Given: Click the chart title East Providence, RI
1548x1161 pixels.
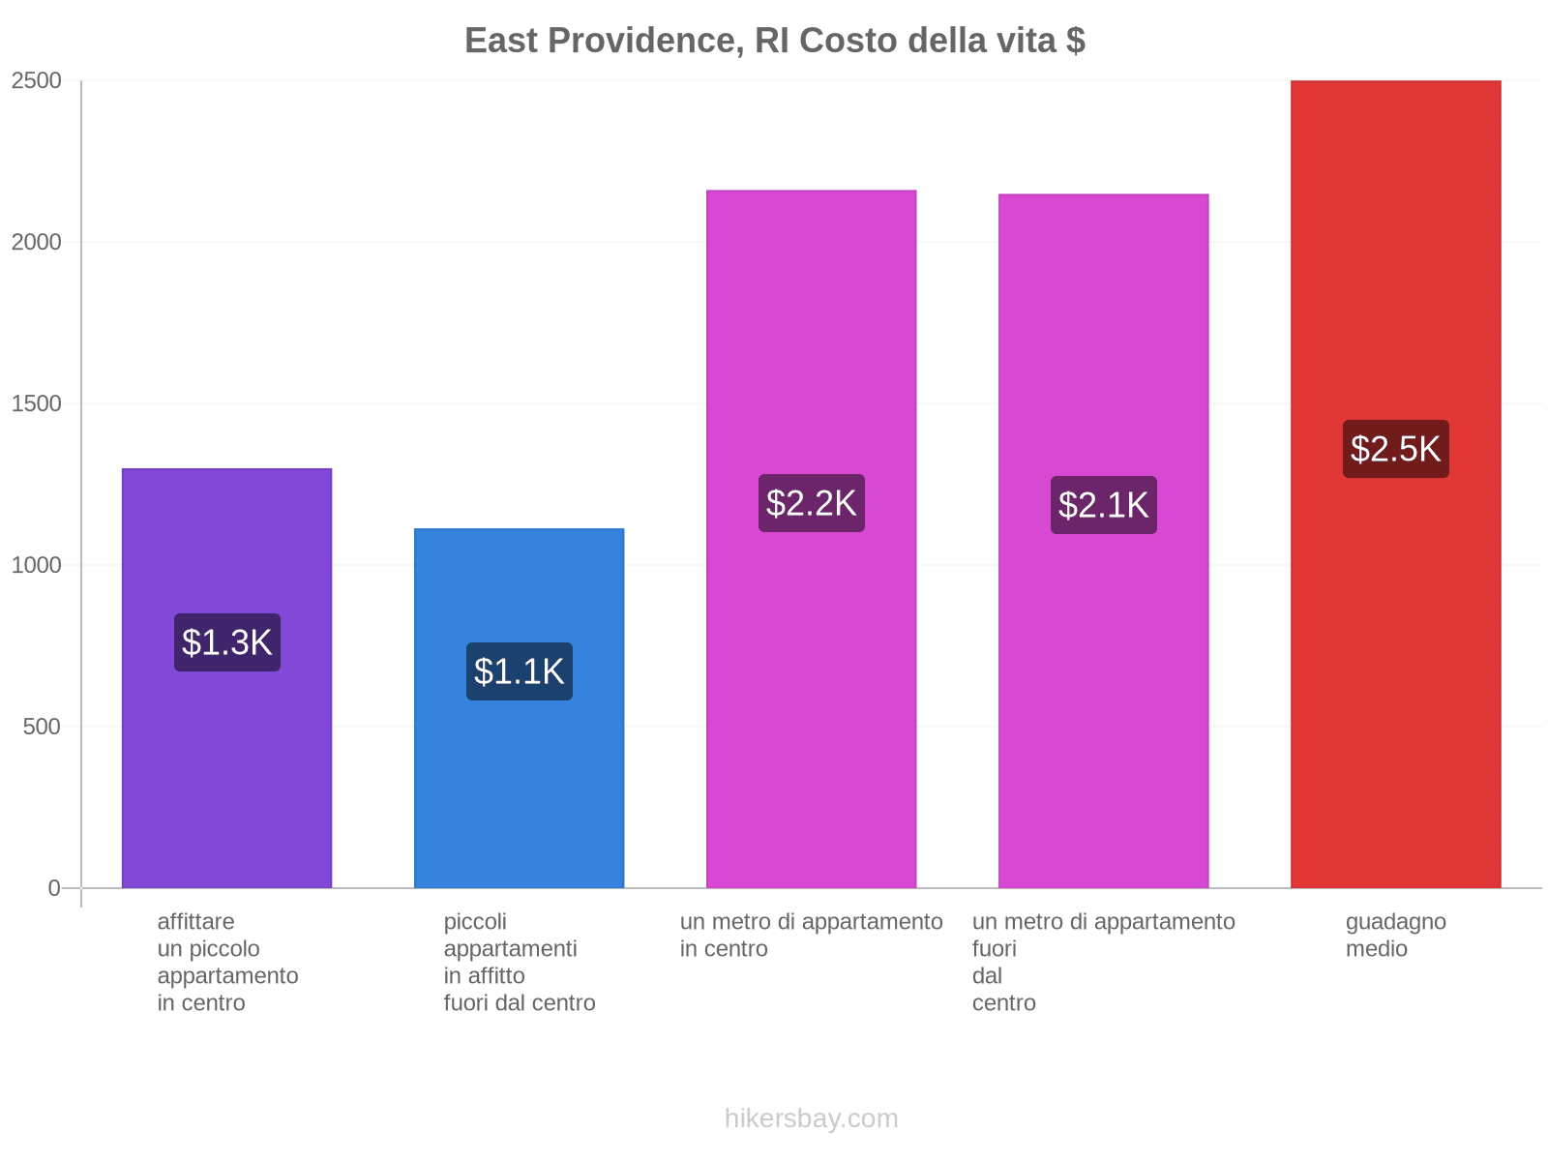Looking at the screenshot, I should pos(774,41).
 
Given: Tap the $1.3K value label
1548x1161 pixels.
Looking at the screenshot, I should pos(227,642).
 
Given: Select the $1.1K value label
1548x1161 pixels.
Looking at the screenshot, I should pos(520,671).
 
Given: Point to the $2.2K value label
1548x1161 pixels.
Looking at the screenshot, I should pos(811,503).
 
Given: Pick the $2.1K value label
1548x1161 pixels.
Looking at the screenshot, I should pos(1103,505).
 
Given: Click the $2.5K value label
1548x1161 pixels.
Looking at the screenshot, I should pos(1395,449).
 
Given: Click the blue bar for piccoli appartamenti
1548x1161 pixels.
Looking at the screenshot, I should pos(520,793).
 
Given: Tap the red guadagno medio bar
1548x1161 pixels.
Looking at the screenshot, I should pos(1395,677).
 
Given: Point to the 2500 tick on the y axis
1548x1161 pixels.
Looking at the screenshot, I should pos(37,80).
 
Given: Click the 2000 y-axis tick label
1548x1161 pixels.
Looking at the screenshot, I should pos(37,242).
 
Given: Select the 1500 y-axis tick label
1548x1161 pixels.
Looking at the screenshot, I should pos(37,403).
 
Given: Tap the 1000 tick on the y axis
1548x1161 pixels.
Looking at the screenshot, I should pos(37,565).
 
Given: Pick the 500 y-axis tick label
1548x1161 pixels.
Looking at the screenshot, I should pos(43,727).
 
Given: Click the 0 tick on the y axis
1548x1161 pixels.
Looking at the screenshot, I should pos(54,888).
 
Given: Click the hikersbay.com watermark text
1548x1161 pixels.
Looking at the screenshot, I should pos(811,1118).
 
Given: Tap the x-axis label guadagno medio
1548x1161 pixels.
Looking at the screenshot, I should pos(1395,935).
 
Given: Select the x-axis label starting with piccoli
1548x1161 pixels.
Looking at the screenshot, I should pos(520,962).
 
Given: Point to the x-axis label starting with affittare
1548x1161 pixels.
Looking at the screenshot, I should pos(227,962).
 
